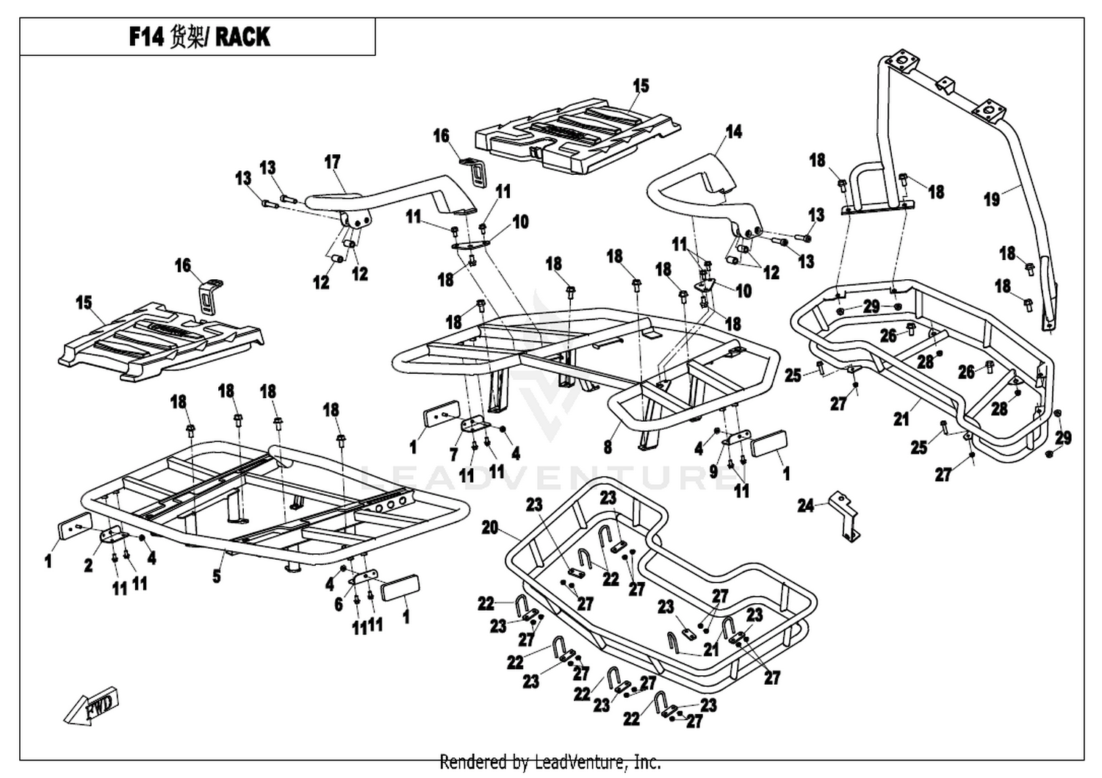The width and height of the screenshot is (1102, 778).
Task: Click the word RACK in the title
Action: (x=242, y=37)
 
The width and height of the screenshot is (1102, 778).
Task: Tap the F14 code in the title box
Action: (x=146, y=37)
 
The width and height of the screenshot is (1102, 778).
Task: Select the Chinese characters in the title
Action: (x=186, y=37)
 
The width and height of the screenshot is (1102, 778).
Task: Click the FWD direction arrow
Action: (x=92, y=706)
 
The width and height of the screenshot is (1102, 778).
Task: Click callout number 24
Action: (x=806, y=505)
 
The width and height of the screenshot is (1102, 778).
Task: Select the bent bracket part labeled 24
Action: (x=844, y=516)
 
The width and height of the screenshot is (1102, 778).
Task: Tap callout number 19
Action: (x=992, y=199)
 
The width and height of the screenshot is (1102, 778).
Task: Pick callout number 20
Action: (x=490, y=528)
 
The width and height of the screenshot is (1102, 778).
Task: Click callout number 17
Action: (x=333, y=162)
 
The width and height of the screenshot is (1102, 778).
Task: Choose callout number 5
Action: (x=217, y=576)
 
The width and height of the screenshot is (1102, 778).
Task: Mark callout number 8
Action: (x=608, y=447)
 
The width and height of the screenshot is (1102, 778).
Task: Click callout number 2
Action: (x=89, y=566)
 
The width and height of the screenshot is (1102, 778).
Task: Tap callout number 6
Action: (x=339, y=605)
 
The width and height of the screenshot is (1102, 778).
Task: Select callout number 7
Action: (x=453, y=455)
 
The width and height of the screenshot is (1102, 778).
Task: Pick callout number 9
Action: (x=714, y=472)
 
